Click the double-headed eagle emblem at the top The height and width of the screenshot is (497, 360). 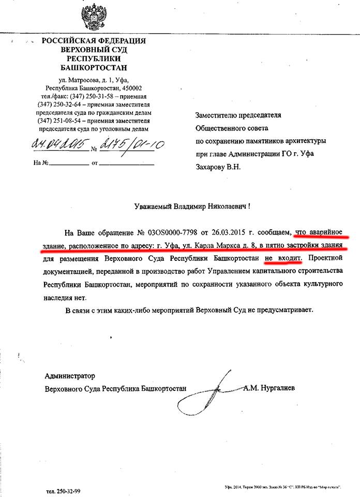click(x=93, y=17)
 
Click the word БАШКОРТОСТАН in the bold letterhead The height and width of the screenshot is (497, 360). click(x=93, y=67)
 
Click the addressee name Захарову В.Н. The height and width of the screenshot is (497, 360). click(x=218, y=167)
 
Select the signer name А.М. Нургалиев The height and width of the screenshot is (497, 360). click(x=269, y=388)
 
